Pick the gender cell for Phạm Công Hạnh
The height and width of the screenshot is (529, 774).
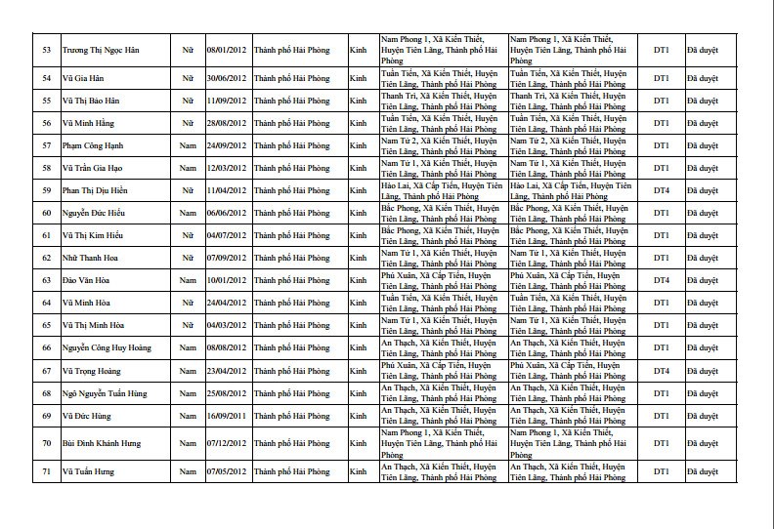point(190,145)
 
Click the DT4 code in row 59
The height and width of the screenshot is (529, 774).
point(662,190)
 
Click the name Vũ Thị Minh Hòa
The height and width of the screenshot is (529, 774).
point(89,325)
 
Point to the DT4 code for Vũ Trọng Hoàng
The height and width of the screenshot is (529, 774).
point(662,370)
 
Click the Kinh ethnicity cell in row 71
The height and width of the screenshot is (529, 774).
point(358,472)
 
